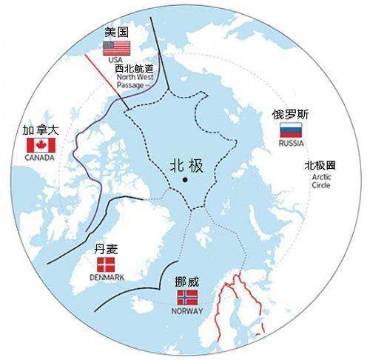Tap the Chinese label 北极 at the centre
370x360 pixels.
185,164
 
